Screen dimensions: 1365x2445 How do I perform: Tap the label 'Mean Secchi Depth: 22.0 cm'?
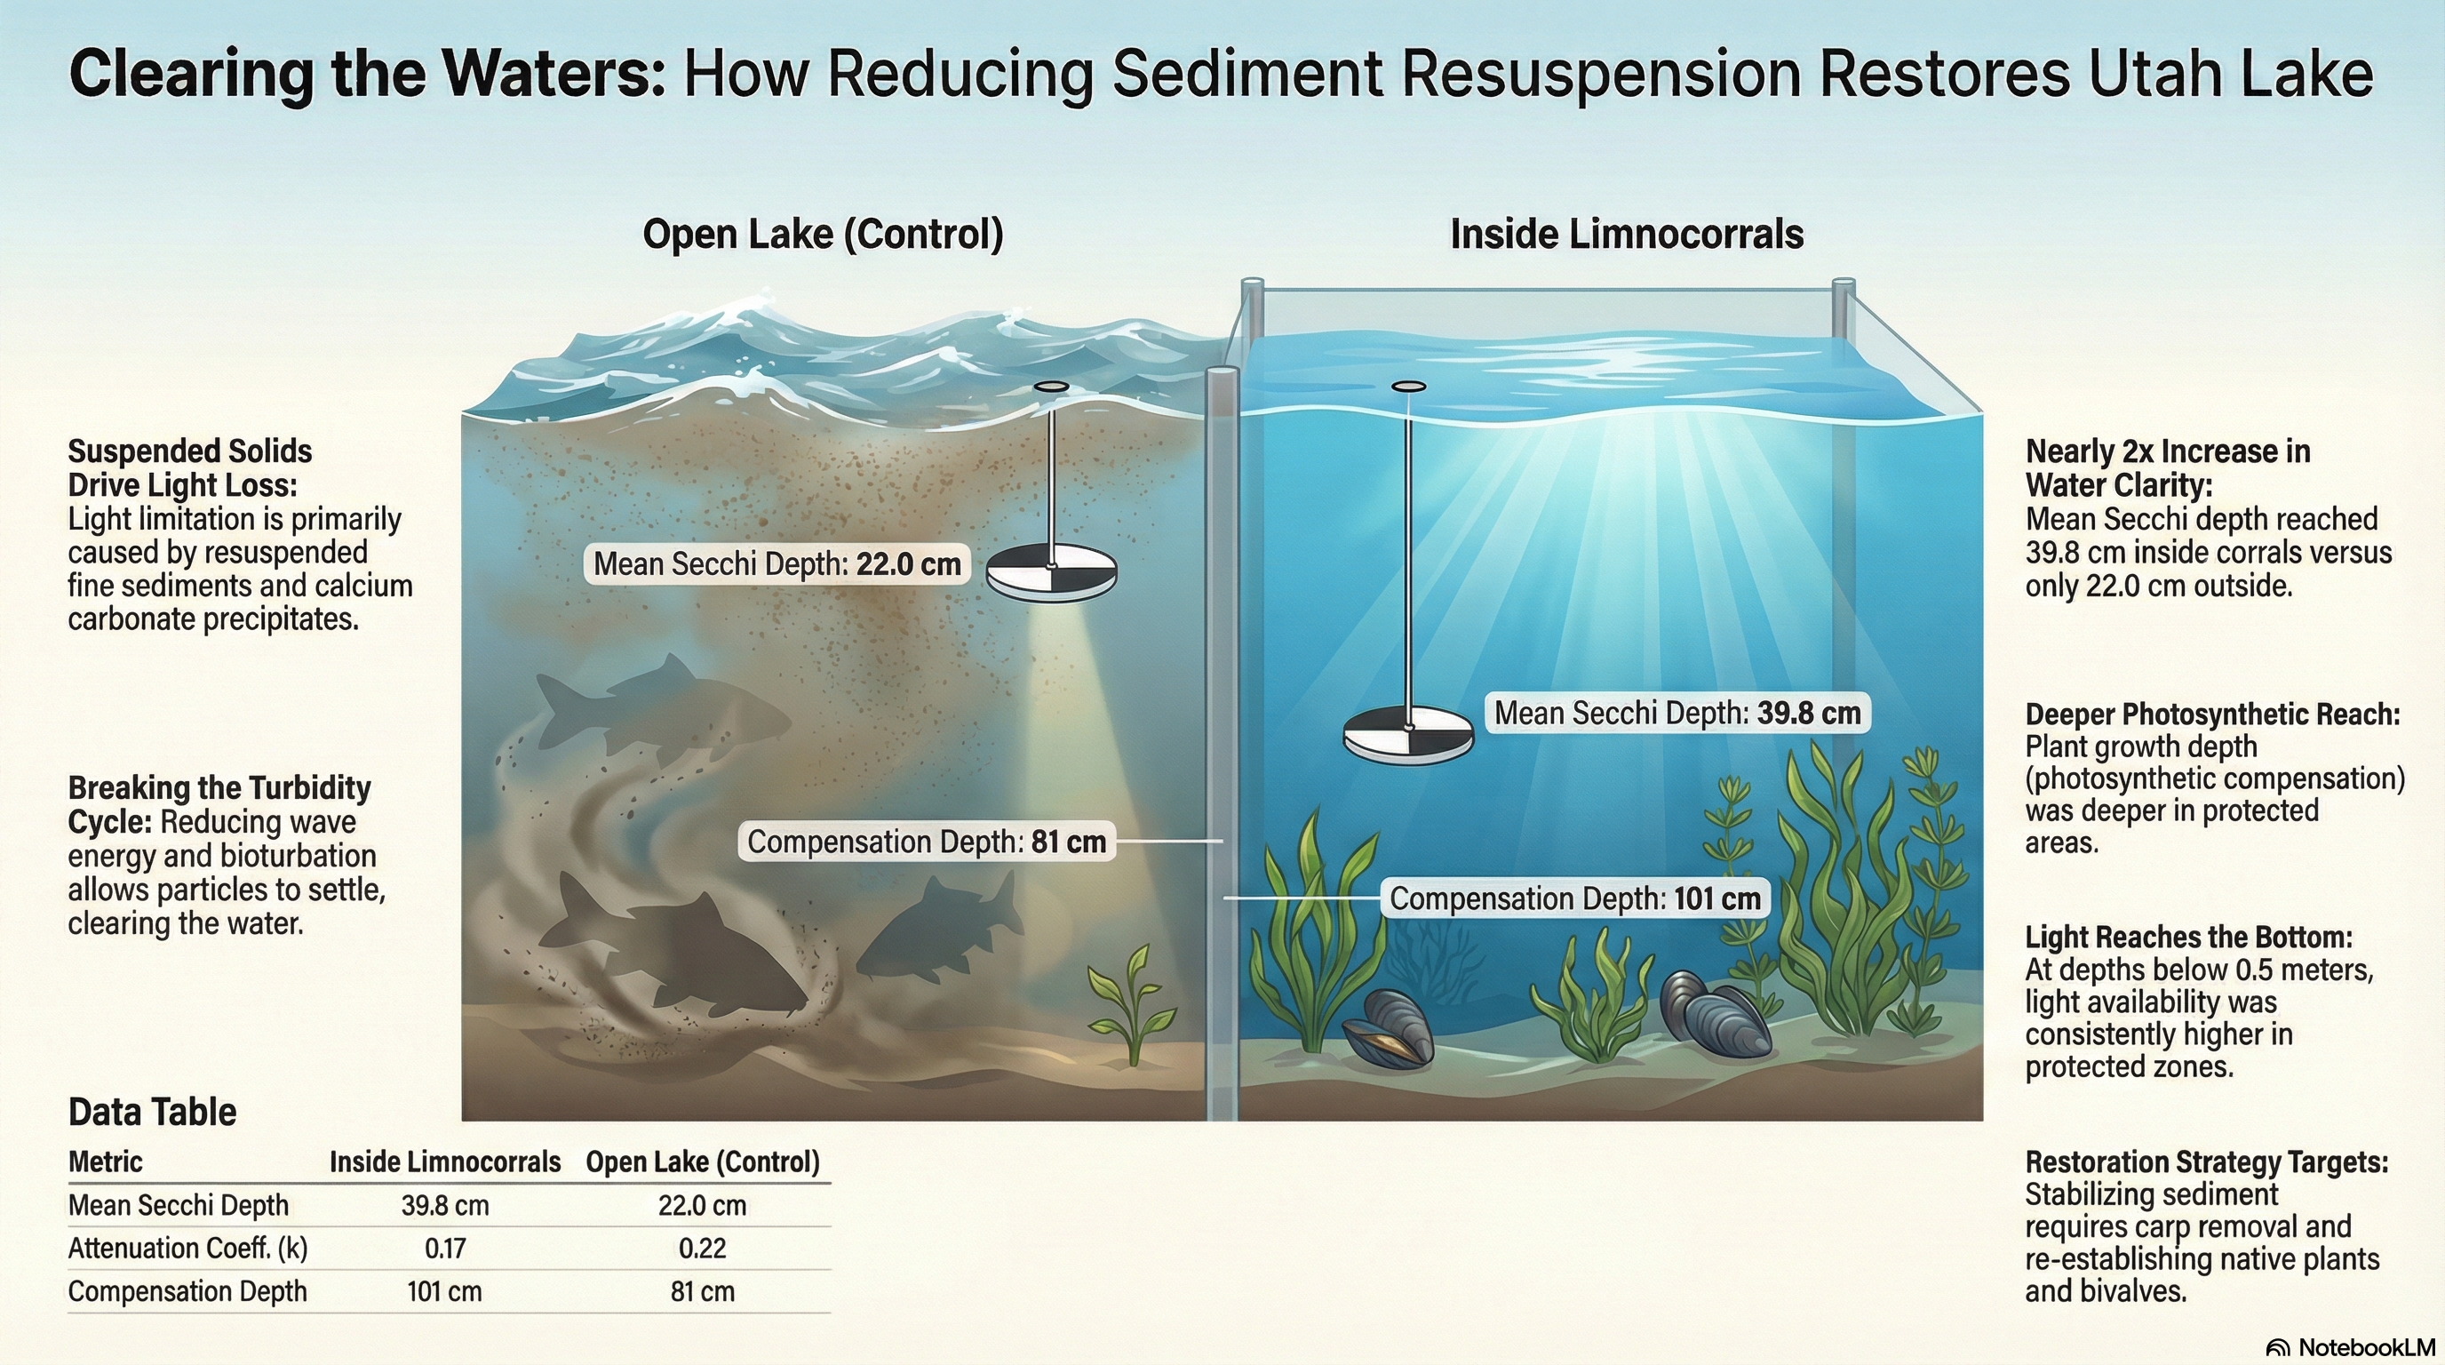tap(777, 563)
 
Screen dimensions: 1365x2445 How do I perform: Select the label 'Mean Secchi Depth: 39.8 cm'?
tap(1677, 713)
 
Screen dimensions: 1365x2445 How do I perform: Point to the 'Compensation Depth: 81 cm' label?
tap(927, 842)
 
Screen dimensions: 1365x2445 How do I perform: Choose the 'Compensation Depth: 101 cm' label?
tap(1574, 898)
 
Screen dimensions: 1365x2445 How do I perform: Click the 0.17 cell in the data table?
tap(445, 1249)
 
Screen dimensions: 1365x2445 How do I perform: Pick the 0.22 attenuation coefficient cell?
tap(703, 1249)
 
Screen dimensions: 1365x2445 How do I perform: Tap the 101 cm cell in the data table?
tap(444, 1292)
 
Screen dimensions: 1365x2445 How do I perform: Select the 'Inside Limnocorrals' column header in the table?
tap(444, 1161)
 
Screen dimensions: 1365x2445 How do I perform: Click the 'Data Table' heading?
tap(152, 1112)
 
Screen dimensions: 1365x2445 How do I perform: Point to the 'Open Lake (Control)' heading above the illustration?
tap(823, 234)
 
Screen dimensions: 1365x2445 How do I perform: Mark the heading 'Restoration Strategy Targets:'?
tap(2207, 1161)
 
